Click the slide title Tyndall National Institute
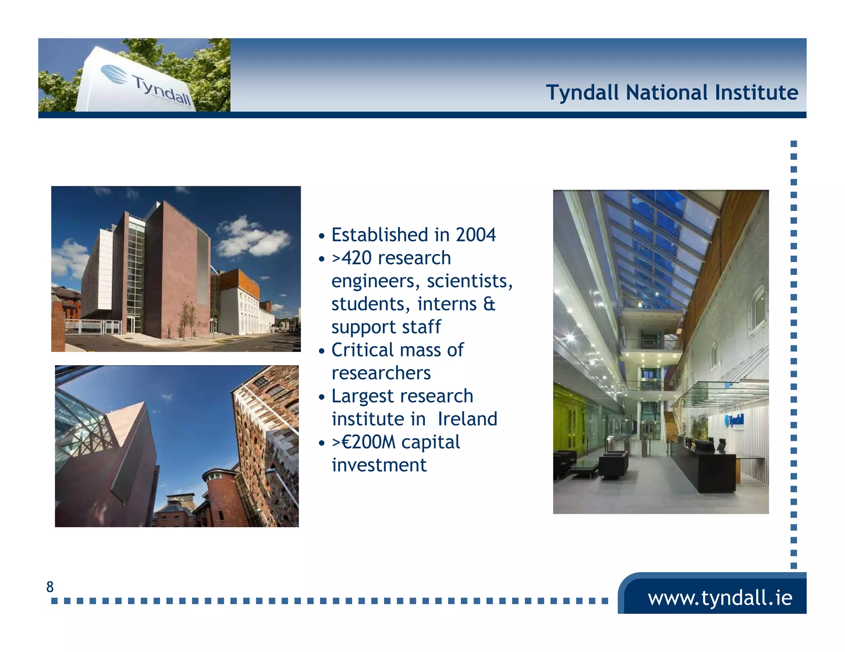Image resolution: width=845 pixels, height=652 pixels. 672,92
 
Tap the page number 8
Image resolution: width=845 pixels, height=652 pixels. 50,586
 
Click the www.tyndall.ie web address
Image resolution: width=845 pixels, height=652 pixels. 720,598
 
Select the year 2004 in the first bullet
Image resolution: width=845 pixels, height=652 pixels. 475,235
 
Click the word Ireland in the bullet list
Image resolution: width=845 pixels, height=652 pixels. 467,419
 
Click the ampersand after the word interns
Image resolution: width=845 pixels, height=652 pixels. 489,304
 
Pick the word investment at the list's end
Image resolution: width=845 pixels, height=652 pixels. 379,465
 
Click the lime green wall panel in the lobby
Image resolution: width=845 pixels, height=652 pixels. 567,416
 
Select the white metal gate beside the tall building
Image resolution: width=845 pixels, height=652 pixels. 93,326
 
